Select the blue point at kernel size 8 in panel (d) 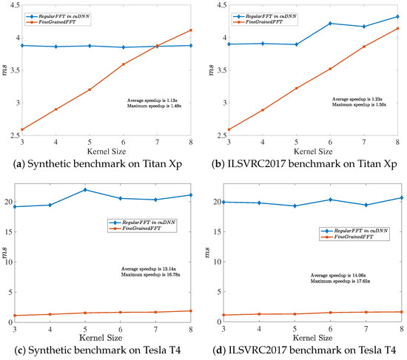click(x=402, y=197)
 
